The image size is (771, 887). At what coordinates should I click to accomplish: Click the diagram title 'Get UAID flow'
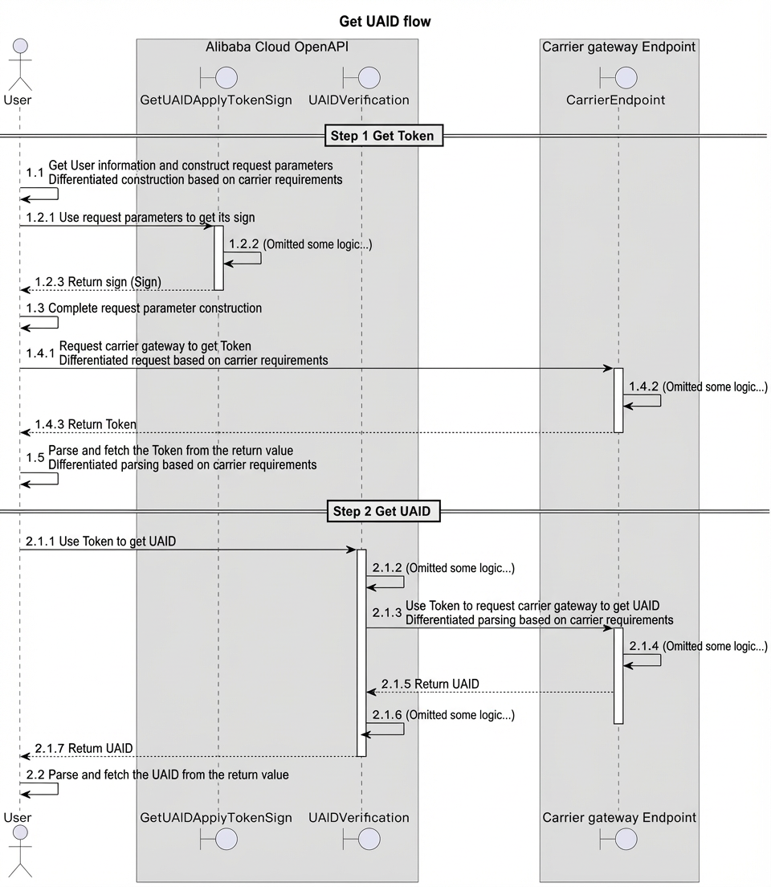pyautogui.click(x=385, y=22)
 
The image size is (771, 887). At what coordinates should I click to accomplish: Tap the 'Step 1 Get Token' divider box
pyautogui.click(x=384, y=136)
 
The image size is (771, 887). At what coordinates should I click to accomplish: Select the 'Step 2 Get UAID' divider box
pyautogui.click(x=384, y=511)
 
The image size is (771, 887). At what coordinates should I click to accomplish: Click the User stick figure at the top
pyautogui.click(x=20, y=64)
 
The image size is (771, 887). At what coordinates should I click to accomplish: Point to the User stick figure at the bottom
pyautogui.click(x=20, y=852)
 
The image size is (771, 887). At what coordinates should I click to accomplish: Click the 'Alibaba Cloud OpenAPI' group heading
pyautogui.click(x=276, y=47)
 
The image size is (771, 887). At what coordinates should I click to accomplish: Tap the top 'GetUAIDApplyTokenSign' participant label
pyautogui.click(x=216, y=100)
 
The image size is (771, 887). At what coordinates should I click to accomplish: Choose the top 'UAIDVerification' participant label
pyautogui.click(x=359, y=100)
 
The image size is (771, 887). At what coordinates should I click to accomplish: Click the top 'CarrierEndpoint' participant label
pyautogui.click(x=615, y=100)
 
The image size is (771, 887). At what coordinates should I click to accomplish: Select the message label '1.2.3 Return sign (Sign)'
pyautogui.click(x=98, y=282)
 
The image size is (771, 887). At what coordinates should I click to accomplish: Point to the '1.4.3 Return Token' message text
pyautogui.click(x=85, y=424)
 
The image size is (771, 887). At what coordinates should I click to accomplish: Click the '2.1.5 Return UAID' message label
pyautogui.click(x=430, y=684)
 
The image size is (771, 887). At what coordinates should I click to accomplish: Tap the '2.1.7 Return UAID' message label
pyautogui.click(x=84, y=749)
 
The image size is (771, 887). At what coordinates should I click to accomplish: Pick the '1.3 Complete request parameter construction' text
pyautogui.click(x=144, y=309)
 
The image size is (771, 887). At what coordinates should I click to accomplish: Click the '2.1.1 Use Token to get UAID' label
pyautogui.click(x=100, y=542)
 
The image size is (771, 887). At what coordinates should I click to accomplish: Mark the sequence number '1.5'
pyautogui.click(x=35, y=458)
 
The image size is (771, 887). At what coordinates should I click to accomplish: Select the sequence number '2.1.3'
pyautogui.click(x=387, y=613)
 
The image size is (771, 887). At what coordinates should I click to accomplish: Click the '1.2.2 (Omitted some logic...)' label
pyautogui.click(x=300, y=244)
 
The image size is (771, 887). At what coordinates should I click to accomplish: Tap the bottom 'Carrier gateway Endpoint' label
pyautogui.click(x=619, y=817)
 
